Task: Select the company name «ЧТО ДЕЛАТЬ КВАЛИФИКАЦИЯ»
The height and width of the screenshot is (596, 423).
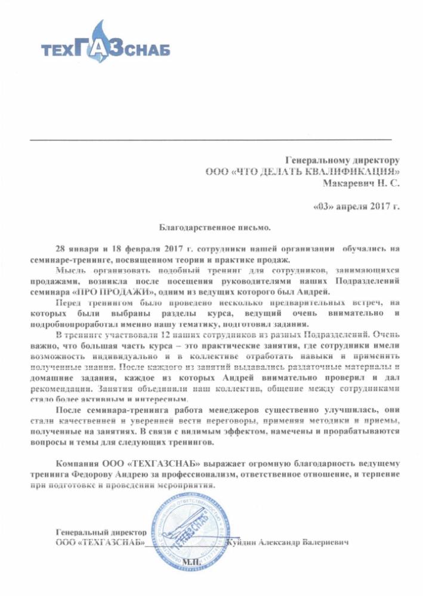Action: tap(302, 172)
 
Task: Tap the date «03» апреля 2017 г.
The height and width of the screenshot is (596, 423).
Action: tap(356, 207)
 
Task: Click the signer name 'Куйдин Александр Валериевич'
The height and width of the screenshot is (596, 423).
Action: tap(287, 542)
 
